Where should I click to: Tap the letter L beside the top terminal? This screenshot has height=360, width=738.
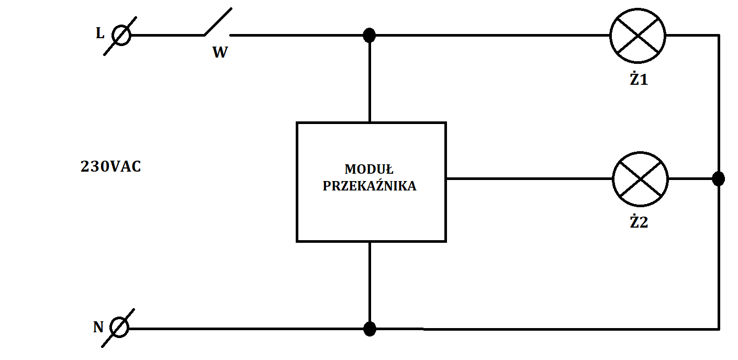pyautogui.click(x=100, y=33)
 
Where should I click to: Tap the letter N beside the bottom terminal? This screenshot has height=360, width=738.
pyautogui.click(x=98, y=327)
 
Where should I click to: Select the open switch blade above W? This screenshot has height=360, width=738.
pyautogui.click(x=218, y=21)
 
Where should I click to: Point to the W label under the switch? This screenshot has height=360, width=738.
pyautogui.click(x=220, y=52)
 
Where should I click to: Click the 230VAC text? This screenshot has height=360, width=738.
pyautogui.click(x=111, y=167)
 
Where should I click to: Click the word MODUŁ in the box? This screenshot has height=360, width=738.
pyautogui.click(x=369, y=170)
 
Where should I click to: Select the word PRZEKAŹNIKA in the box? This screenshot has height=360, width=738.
pyautogui.click(x=370, y=186)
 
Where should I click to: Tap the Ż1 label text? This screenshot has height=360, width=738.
pyautogui.click(x=639, y=78)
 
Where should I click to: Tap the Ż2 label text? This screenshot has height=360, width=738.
pyautogui.click(x=639, y=222)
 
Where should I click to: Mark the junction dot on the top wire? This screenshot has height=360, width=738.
pyautogui.click(x=370, y=35)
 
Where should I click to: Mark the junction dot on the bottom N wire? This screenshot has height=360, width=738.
pyautogui.click(x=370, y=329)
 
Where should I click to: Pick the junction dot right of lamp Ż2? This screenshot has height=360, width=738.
pyautogui.click(x=718, y=179)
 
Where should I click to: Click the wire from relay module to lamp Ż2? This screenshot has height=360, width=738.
pyautogui.click(x=529, y=179)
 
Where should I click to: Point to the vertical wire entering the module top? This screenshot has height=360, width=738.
pyautogui.click(x=370, y=78)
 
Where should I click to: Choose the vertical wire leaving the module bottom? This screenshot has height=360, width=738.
pyautogui.click(x=370, y=285)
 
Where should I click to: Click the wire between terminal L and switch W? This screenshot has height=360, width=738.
pyautogui.click(x=167, y=35)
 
